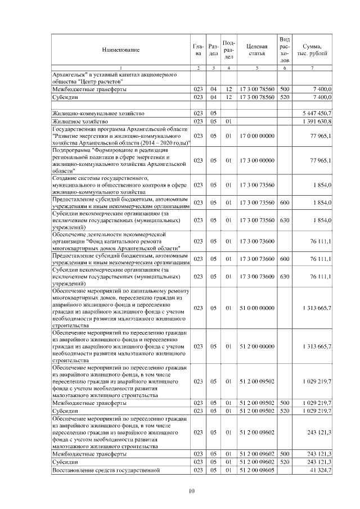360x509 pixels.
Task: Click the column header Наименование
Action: (x=120, y=50)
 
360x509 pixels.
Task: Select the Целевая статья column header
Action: (x=256, y=50)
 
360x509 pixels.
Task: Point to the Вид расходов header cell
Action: (x=285, y=49)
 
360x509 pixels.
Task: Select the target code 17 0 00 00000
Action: (x=256, y=136)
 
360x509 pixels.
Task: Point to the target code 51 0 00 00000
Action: (x=256, y=308)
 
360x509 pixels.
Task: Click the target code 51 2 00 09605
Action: (x=256, y=470)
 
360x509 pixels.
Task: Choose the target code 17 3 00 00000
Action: (x=256, y=160)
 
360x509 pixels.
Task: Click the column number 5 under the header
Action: (x=256, y=68)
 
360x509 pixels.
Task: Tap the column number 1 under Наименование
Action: (x=120, y=68)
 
